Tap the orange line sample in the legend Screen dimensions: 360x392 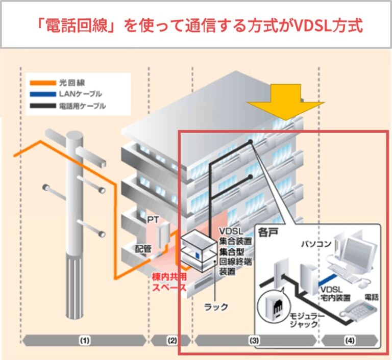(42, 82)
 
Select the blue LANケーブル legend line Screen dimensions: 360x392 (42, 94)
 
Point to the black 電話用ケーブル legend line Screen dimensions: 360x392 (42, 106)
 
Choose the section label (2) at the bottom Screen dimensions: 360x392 (171, 340)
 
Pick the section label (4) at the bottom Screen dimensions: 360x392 (349, 340)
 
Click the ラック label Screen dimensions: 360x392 (216, 307)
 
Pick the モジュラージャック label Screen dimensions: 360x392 (305, 320)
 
